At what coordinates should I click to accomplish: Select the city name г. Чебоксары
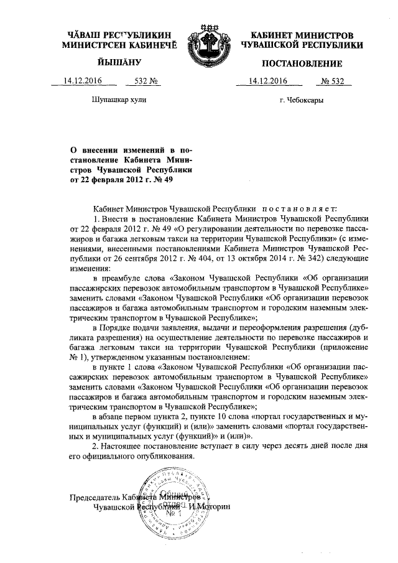click(x=302, y=100)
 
